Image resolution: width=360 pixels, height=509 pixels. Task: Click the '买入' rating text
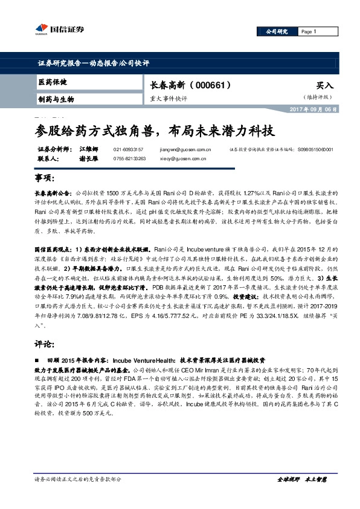[324, 86]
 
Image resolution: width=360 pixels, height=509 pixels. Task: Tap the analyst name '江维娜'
[88, 149]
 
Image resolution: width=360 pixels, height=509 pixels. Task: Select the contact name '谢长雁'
[88, 158]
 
